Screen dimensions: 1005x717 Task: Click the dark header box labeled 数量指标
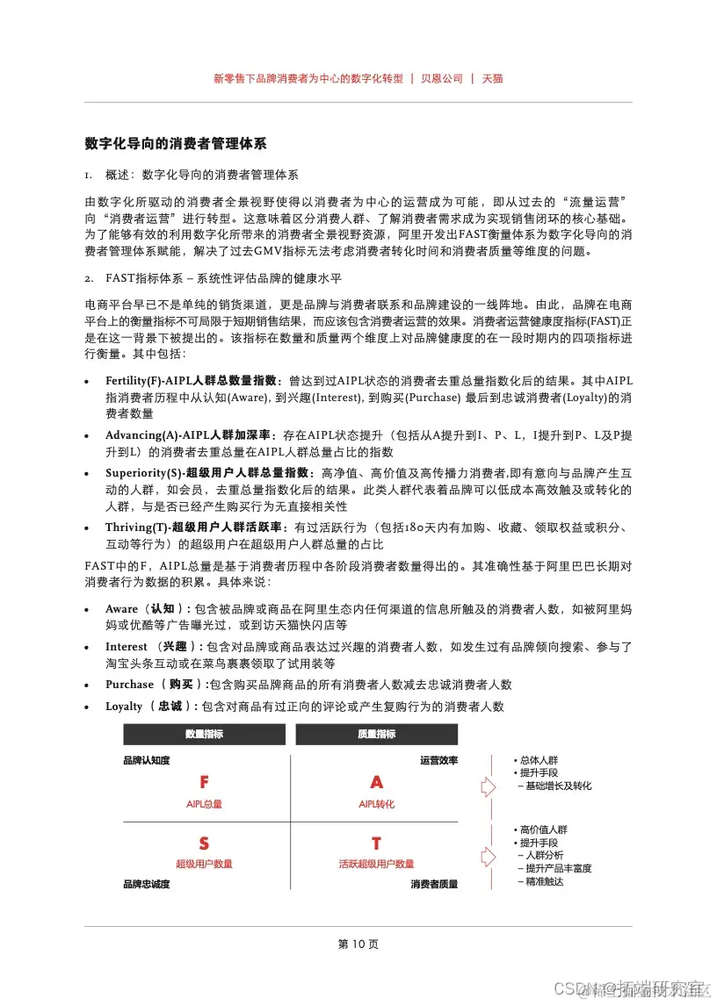click(204, 735)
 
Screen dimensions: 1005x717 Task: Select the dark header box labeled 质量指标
click(377, 735)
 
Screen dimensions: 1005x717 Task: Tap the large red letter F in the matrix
click(204, 782)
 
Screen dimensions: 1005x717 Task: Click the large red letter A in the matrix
click(377, 782)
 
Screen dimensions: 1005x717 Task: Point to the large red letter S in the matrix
click(204, 843)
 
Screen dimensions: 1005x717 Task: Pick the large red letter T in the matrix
click(377, 843)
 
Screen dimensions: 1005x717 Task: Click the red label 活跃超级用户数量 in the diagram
click(377, 864)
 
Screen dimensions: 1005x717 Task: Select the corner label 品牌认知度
click(146, 760)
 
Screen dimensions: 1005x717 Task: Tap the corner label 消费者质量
click(434, 884)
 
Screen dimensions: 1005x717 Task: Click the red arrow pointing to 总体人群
click(489, 786)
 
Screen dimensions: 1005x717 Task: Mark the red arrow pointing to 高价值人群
click(489, 853)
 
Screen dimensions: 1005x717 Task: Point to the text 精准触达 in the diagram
click(545, 881)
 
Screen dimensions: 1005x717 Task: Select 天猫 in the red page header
click(492, 78)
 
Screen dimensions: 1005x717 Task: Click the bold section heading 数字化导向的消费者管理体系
click(176, 142)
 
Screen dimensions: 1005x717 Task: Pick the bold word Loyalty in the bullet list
click(124, 706)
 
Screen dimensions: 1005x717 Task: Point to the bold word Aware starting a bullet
click(122, 608)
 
